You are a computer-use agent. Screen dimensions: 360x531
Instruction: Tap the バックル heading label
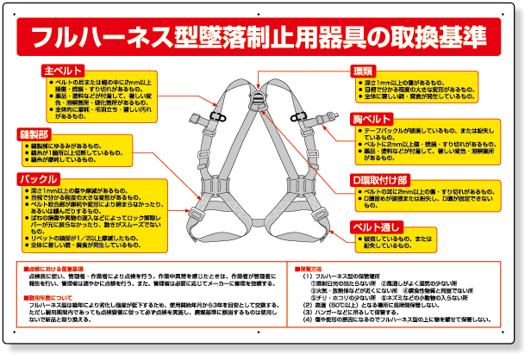(39, 179)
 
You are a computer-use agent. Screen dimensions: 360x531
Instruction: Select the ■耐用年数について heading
(54, 298)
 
